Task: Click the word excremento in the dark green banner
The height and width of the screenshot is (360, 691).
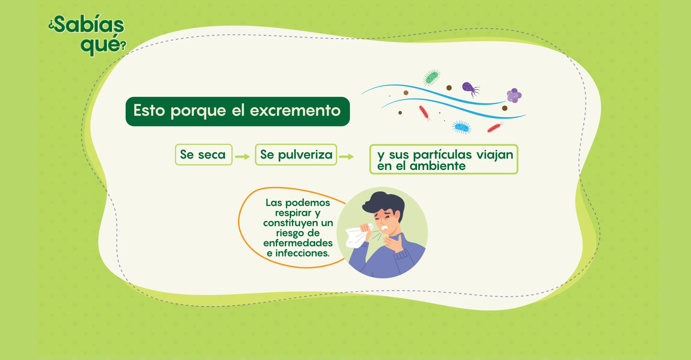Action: coord(295,110)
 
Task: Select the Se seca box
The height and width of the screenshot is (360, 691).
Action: coord(204,154)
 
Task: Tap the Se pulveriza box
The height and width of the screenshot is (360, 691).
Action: coord(296,154)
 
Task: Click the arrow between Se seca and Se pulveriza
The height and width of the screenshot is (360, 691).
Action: coord(242,157)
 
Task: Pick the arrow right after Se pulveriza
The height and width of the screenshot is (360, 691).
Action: coord(346,157)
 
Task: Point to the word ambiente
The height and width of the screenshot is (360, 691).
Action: coord(438,166)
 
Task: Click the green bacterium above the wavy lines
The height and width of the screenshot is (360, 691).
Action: coord(431,78)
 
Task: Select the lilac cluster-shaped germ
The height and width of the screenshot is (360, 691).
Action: coord(514,96)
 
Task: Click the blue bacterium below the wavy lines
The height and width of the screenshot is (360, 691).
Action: coord(462,127)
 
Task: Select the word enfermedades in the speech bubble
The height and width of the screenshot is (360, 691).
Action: coord(298,243)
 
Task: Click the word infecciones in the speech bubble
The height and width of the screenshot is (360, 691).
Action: coord(302,253)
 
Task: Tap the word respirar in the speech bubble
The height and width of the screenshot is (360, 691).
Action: coord(293,213)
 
